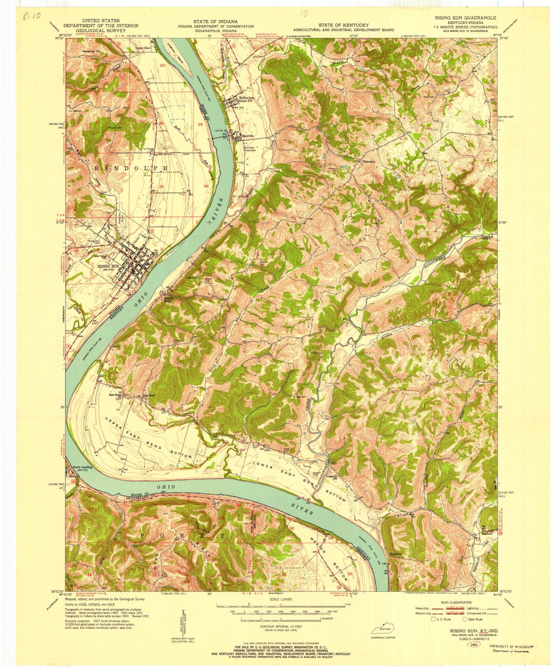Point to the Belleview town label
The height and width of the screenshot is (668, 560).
(x=245, y=98)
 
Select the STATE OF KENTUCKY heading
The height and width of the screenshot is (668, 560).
(x=343, y=25)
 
